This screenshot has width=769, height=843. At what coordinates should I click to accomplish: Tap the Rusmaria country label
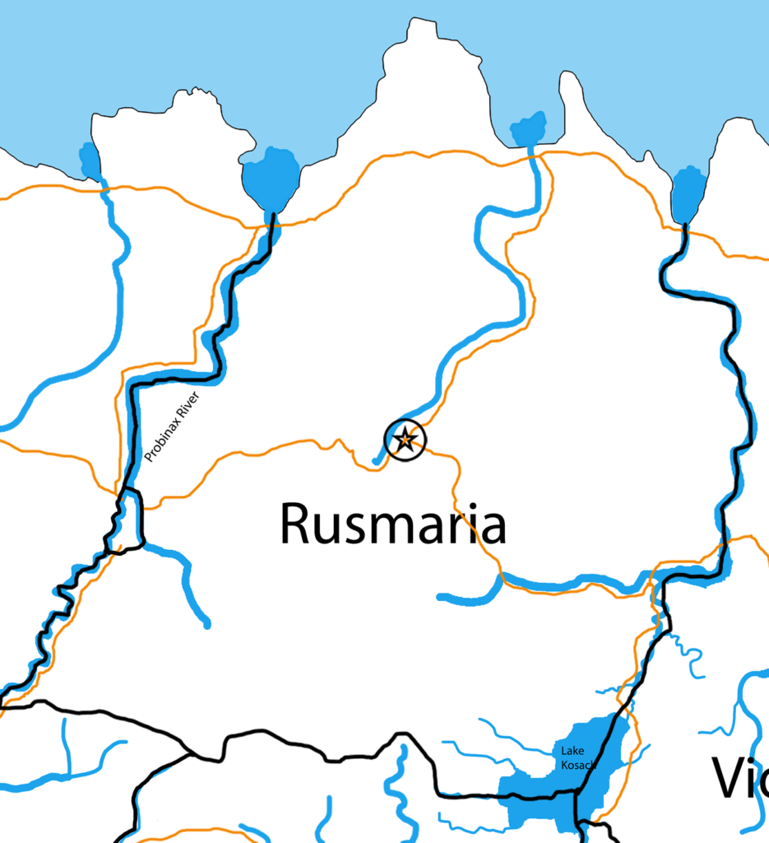(x=392, y=524)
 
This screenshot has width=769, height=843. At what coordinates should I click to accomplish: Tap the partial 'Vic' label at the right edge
(x=739, y=779)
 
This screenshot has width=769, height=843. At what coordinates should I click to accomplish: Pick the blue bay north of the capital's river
(x=528, y=129)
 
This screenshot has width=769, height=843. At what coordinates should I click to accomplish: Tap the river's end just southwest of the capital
(x=376, y=461)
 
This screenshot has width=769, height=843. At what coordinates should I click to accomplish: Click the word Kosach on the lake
(x=577, y=765)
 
